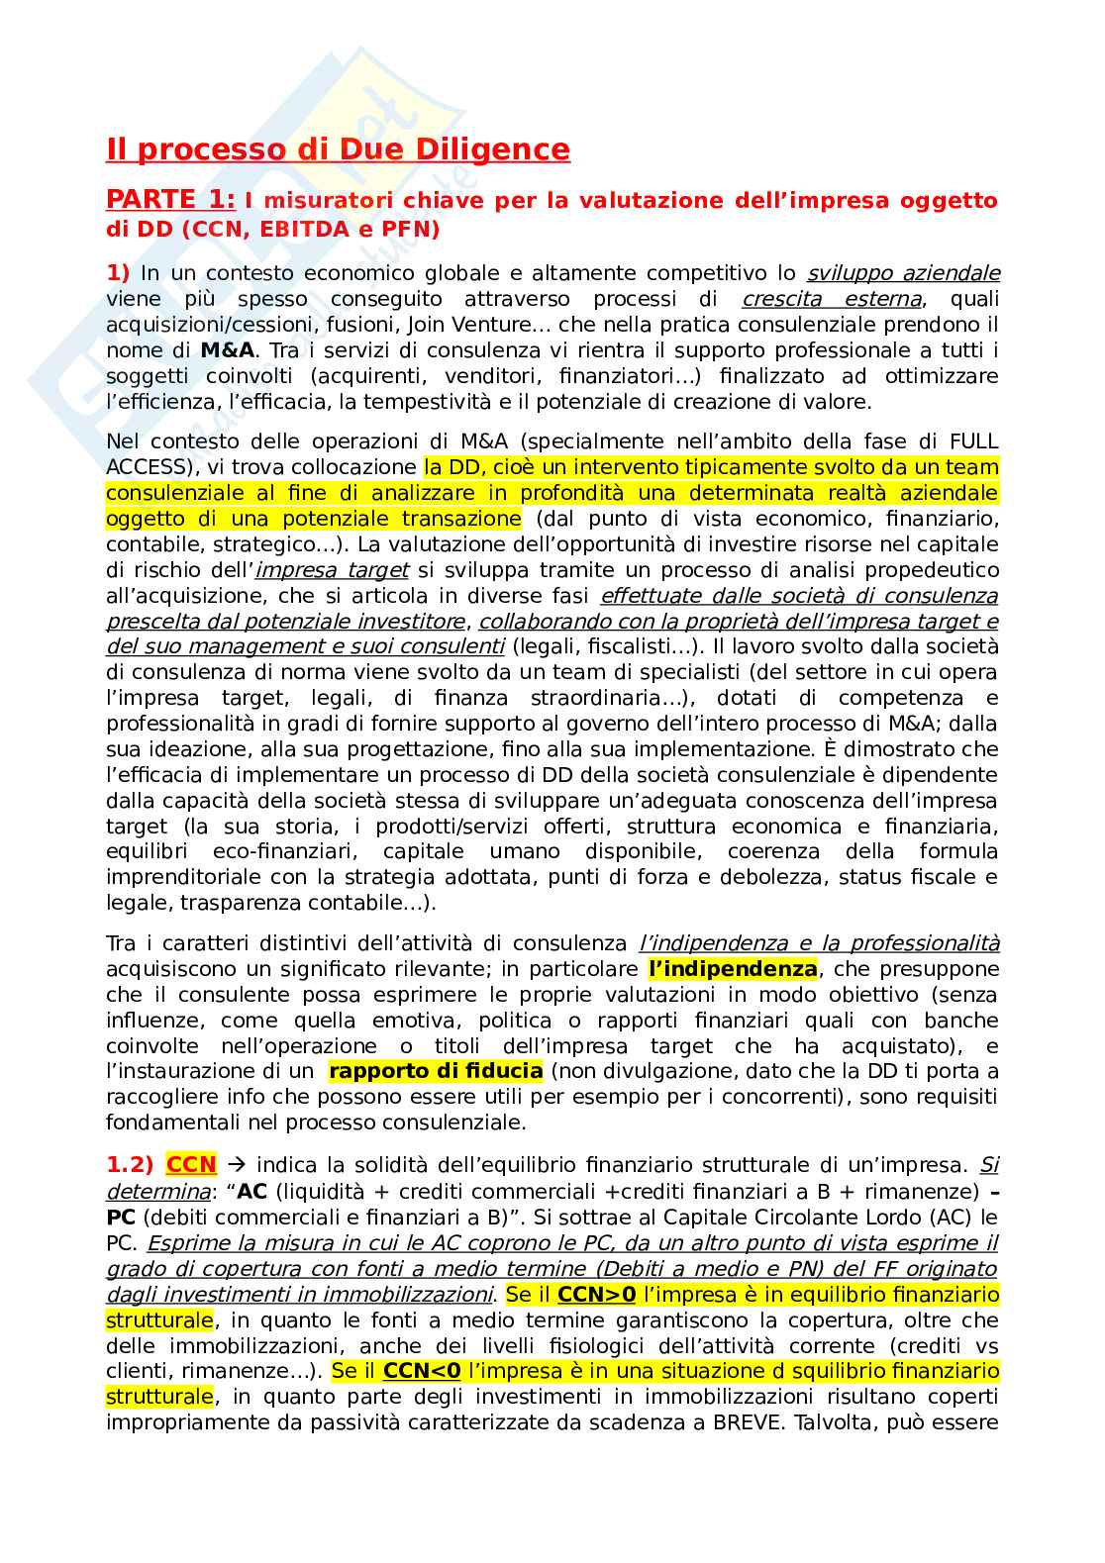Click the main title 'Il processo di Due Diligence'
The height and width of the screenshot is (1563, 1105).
pyautogui.click(x=338, y=149)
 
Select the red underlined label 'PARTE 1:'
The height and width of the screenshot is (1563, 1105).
pyautogui.click(x=170, y=200)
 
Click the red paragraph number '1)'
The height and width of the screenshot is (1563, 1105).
pyautogui.click(x=118, y=273)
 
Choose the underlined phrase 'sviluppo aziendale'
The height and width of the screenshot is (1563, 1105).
pyautogui.click(x=903, y=273)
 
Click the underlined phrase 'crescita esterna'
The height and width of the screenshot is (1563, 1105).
pyautogui.click(x=832, y=299)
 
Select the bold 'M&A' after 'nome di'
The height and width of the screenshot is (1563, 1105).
pyautogui.click(x=227, y=350)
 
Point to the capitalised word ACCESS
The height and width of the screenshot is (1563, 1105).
pyautogui.click(x=148, y=467)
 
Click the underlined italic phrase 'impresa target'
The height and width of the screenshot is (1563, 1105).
pyautogui.click(x=332, y=570)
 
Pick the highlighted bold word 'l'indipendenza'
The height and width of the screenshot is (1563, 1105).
pyautogui.click(x=733, y=969)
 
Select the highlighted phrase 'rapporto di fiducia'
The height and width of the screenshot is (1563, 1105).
pyautogui.click(x=436, y=1071)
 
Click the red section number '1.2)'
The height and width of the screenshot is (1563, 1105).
pyautogui.click(x=130, y=1165)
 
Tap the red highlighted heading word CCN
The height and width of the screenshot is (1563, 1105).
pyautogui.click(x=191, y=1165)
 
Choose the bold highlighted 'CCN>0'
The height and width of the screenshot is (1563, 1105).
pyautogui.click(x=596, y=1295)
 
